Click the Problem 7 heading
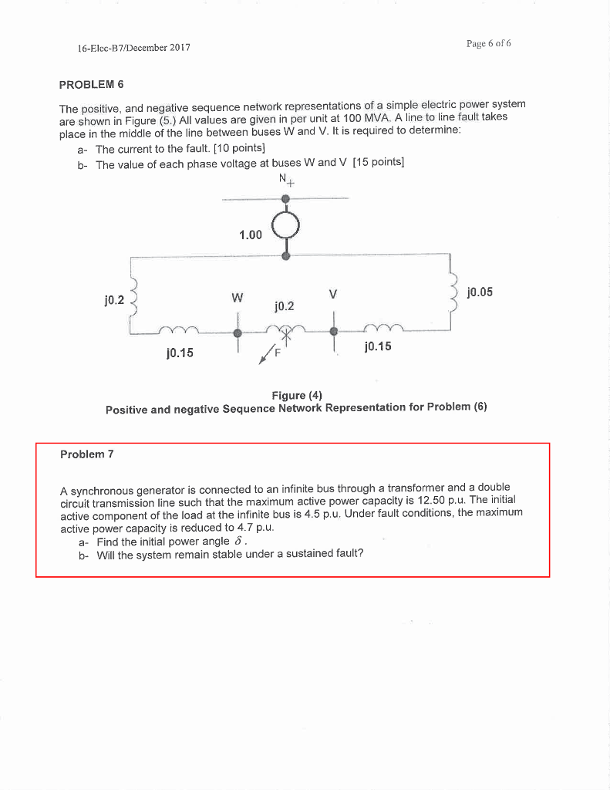(86, 454)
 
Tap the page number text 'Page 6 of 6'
(488, 43)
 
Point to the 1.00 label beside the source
(250, 235)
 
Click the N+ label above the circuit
(287, 181)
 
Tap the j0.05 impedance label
(480, 292)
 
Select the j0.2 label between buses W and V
(284, 306)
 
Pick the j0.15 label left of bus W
(180, 353)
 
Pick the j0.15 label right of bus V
(377, 346)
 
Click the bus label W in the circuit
(238, 297)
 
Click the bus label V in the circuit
(333, 294)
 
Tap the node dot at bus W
(238, 333)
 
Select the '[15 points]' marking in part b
(378, 163)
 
